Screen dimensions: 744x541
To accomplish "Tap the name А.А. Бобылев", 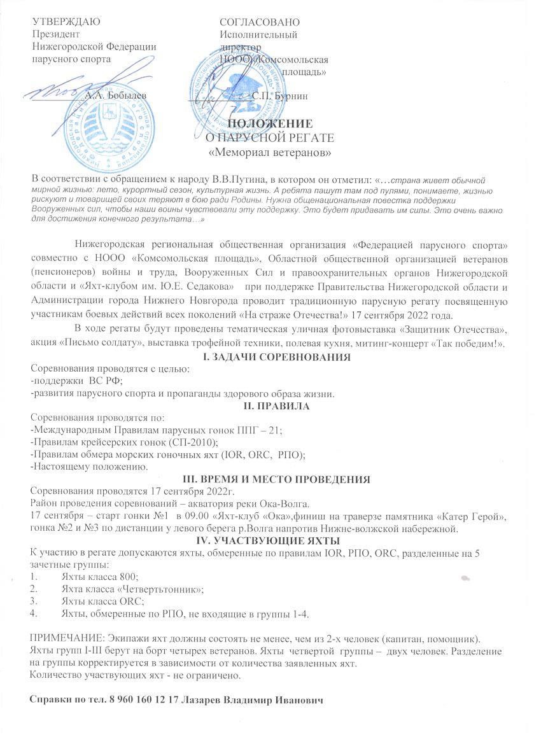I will point(115,95).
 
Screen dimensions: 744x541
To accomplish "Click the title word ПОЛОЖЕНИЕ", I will point(270,123).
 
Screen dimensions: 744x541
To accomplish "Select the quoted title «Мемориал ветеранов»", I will point(270,152).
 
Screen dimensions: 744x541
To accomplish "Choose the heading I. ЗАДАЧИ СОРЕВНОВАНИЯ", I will point(274,358).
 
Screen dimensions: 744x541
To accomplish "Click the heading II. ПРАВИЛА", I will point(273,406).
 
